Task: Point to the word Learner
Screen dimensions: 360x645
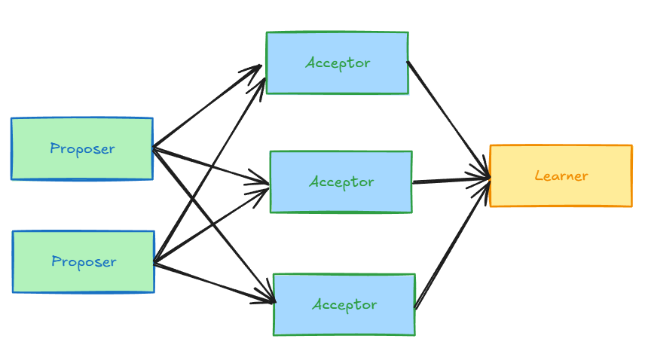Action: coord(561,176)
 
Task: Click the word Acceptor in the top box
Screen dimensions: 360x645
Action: coord(338,63)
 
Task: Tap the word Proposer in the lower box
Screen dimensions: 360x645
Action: coord(84,262)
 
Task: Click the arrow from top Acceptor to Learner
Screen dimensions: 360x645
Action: coord(448,119)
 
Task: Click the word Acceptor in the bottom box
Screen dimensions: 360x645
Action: coord(344,305)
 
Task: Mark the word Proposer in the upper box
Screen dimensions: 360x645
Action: coord(82,149)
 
